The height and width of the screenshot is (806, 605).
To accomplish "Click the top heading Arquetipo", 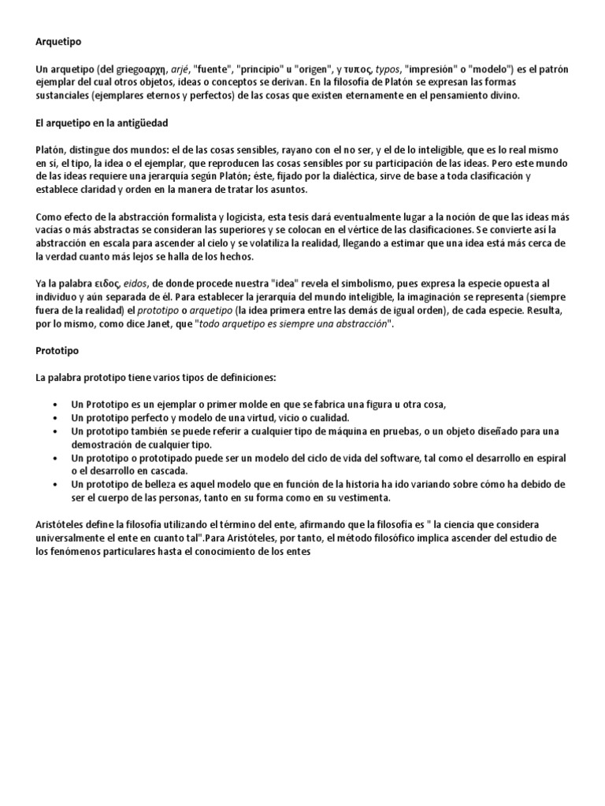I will (61, 40).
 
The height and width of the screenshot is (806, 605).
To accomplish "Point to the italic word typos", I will (386, 68).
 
